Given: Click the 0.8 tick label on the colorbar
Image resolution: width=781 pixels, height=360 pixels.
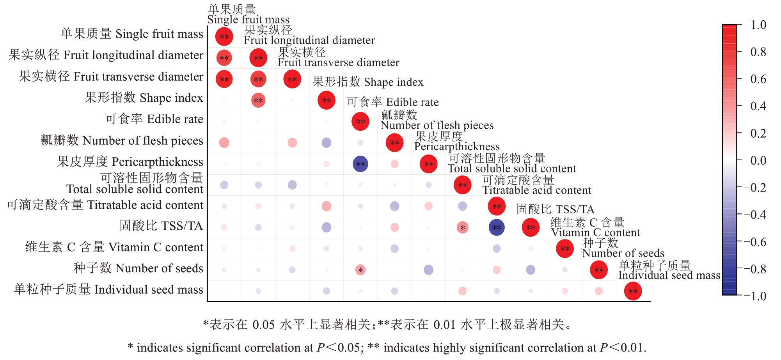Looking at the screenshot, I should (x=758, y=52).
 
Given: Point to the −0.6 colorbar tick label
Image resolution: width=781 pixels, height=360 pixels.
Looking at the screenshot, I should (x=755, y=242).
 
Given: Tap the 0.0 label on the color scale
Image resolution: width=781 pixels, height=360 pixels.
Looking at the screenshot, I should (x=758, y=160).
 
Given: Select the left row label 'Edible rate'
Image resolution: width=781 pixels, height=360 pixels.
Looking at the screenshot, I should (x=154, y=119).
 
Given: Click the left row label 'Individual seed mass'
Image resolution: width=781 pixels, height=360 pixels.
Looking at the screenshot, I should (x=108, y=289).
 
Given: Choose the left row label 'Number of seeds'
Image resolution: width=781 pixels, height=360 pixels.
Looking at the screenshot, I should (x=138, y=268).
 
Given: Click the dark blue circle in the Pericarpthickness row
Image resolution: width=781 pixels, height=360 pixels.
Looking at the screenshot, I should (x=360, y=164).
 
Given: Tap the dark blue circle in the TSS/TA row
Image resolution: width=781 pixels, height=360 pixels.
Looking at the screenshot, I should (x=497, y=227).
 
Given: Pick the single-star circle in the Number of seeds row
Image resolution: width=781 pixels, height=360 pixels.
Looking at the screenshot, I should (x=360, y=270).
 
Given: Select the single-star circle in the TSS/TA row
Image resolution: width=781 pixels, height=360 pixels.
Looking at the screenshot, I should (x=463, y=227).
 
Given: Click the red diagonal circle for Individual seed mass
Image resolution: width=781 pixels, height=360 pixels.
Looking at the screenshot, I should (x=633, y=291).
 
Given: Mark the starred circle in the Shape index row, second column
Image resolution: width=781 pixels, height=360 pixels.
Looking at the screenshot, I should (x=258, y=100).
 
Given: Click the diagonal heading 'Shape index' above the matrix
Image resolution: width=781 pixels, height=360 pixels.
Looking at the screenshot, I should (x=368, y=82).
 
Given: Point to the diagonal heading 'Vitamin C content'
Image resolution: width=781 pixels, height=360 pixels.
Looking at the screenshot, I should (x=595, y=233).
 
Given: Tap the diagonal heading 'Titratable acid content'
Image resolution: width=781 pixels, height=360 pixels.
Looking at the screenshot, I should (x=537, y=190).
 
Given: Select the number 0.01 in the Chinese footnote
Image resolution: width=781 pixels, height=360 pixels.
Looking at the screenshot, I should (x=444, y=325).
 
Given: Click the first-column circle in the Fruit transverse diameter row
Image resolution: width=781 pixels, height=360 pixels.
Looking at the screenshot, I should (x=224, y=79).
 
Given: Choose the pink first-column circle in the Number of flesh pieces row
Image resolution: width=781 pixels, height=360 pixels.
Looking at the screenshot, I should (x=224, y=143).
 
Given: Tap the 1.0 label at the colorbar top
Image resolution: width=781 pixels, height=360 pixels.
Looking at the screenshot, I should (x=758, y=25).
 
